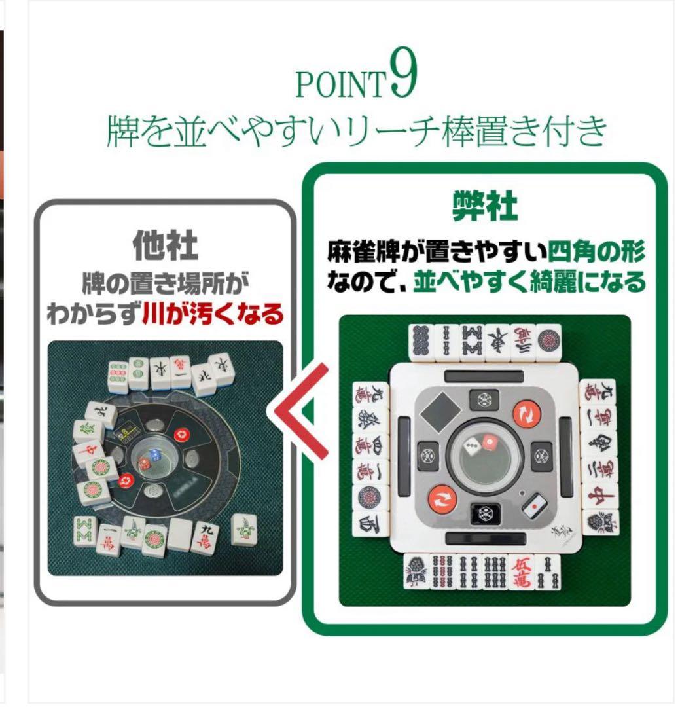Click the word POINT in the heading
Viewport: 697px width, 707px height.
point(338,85)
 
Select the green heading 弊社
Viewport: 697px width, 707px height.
point(484,207)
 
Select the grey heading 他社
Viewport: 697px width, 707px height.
point(165,246)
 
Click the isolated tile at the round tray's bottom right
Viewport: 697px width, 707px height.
point(244,529)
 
